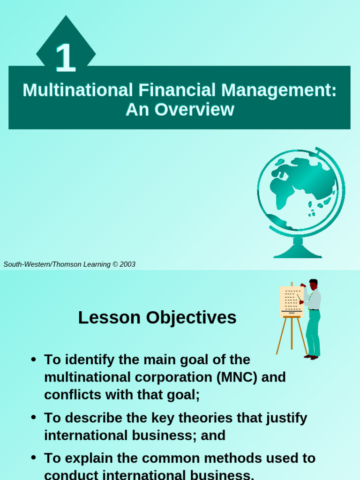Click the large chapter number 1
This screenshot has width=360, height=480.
66,58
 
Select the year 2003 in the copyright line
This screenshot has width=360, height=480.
127,264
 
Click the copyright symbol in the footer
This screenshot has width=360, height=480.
115,264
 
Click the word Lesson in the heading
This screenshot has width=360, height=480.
110,318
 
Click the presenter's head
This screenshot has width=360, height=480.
313,284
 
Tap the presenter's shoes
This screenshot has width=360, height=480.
311,357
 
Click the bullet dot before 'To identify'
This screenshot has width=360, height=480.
33,360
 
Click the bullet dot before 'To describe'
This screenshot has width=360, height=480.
33,418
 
